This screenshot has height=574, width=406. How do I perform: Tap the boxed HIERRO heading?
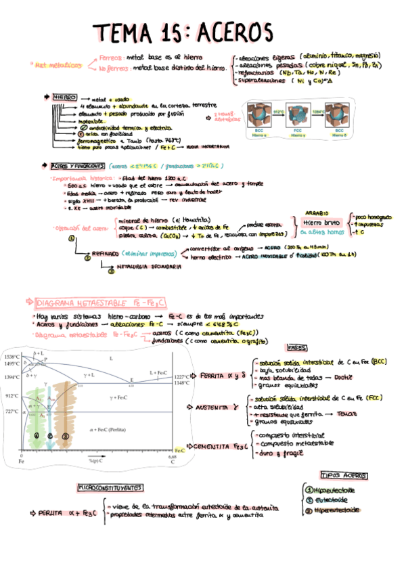(x=65, y=97)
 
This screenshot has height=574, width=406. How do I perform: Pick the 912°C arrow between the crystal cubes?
(x=278, y=112)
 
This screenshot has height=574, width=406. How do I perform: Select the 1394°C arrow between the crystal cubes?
(x=320, y=112)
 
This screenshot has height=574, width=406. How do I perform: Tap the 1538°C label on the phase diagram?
(x=12, y=357)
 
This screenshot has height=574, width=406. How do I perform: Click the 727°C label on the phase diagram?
(x=12, y=412)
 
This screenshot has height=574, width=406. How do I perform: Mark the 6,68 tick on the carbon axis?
(x=172, y=457)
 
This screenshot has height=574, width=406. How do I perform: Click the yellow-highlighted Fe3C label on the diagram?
(x=179, y=449)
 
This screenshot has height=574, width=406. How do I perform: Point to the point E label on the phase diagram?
(x=132, y=380)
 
